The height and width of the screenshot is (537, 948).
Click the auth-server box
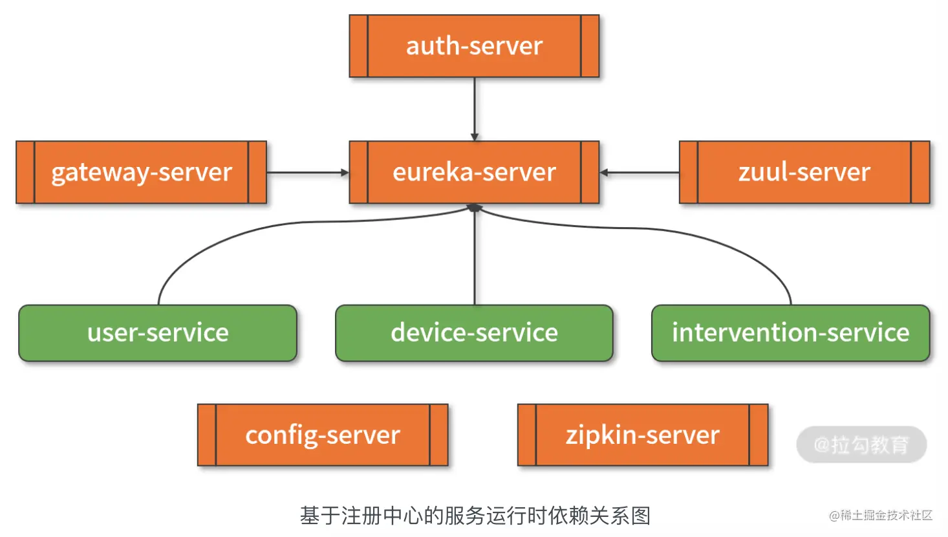click(x=474, y=46)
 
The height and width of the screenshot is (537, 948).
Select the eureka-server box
click(x=474, y=172)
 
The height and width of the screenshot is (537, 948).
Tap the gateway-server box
click(x=141, y=172)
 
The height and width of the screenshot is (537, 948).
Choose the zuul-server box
click(x=804, y=172)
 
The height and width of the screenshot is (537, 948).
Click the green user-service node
click(x=158, y=333)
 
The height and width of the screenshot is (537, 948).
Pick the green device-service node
click(x=474, y=333)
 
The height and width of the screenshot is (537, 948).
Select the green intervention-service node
click(x=790, y=333)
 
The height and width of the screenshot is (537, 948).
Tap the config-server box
click(x=323, y=435)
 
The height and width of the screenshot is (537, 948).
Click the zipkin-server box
click(x=643, y=435)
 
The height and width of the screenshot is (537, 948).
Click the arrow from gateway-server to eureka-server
click(x=308, y=173)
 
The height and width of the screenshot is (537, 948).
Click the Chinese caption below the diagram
click(x=475, y=516)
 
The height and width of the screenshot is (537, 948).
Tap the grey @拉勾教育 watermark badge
click(x=861, y=444)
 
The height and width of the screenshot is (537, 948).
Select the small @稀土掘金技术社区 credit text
click(x=881, y=515)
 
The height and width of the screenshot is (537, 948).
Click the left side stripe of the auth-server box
click(x=359, y=46)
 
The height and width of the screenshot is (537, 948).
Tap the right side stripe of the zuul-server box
click(x=920, y=172)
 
